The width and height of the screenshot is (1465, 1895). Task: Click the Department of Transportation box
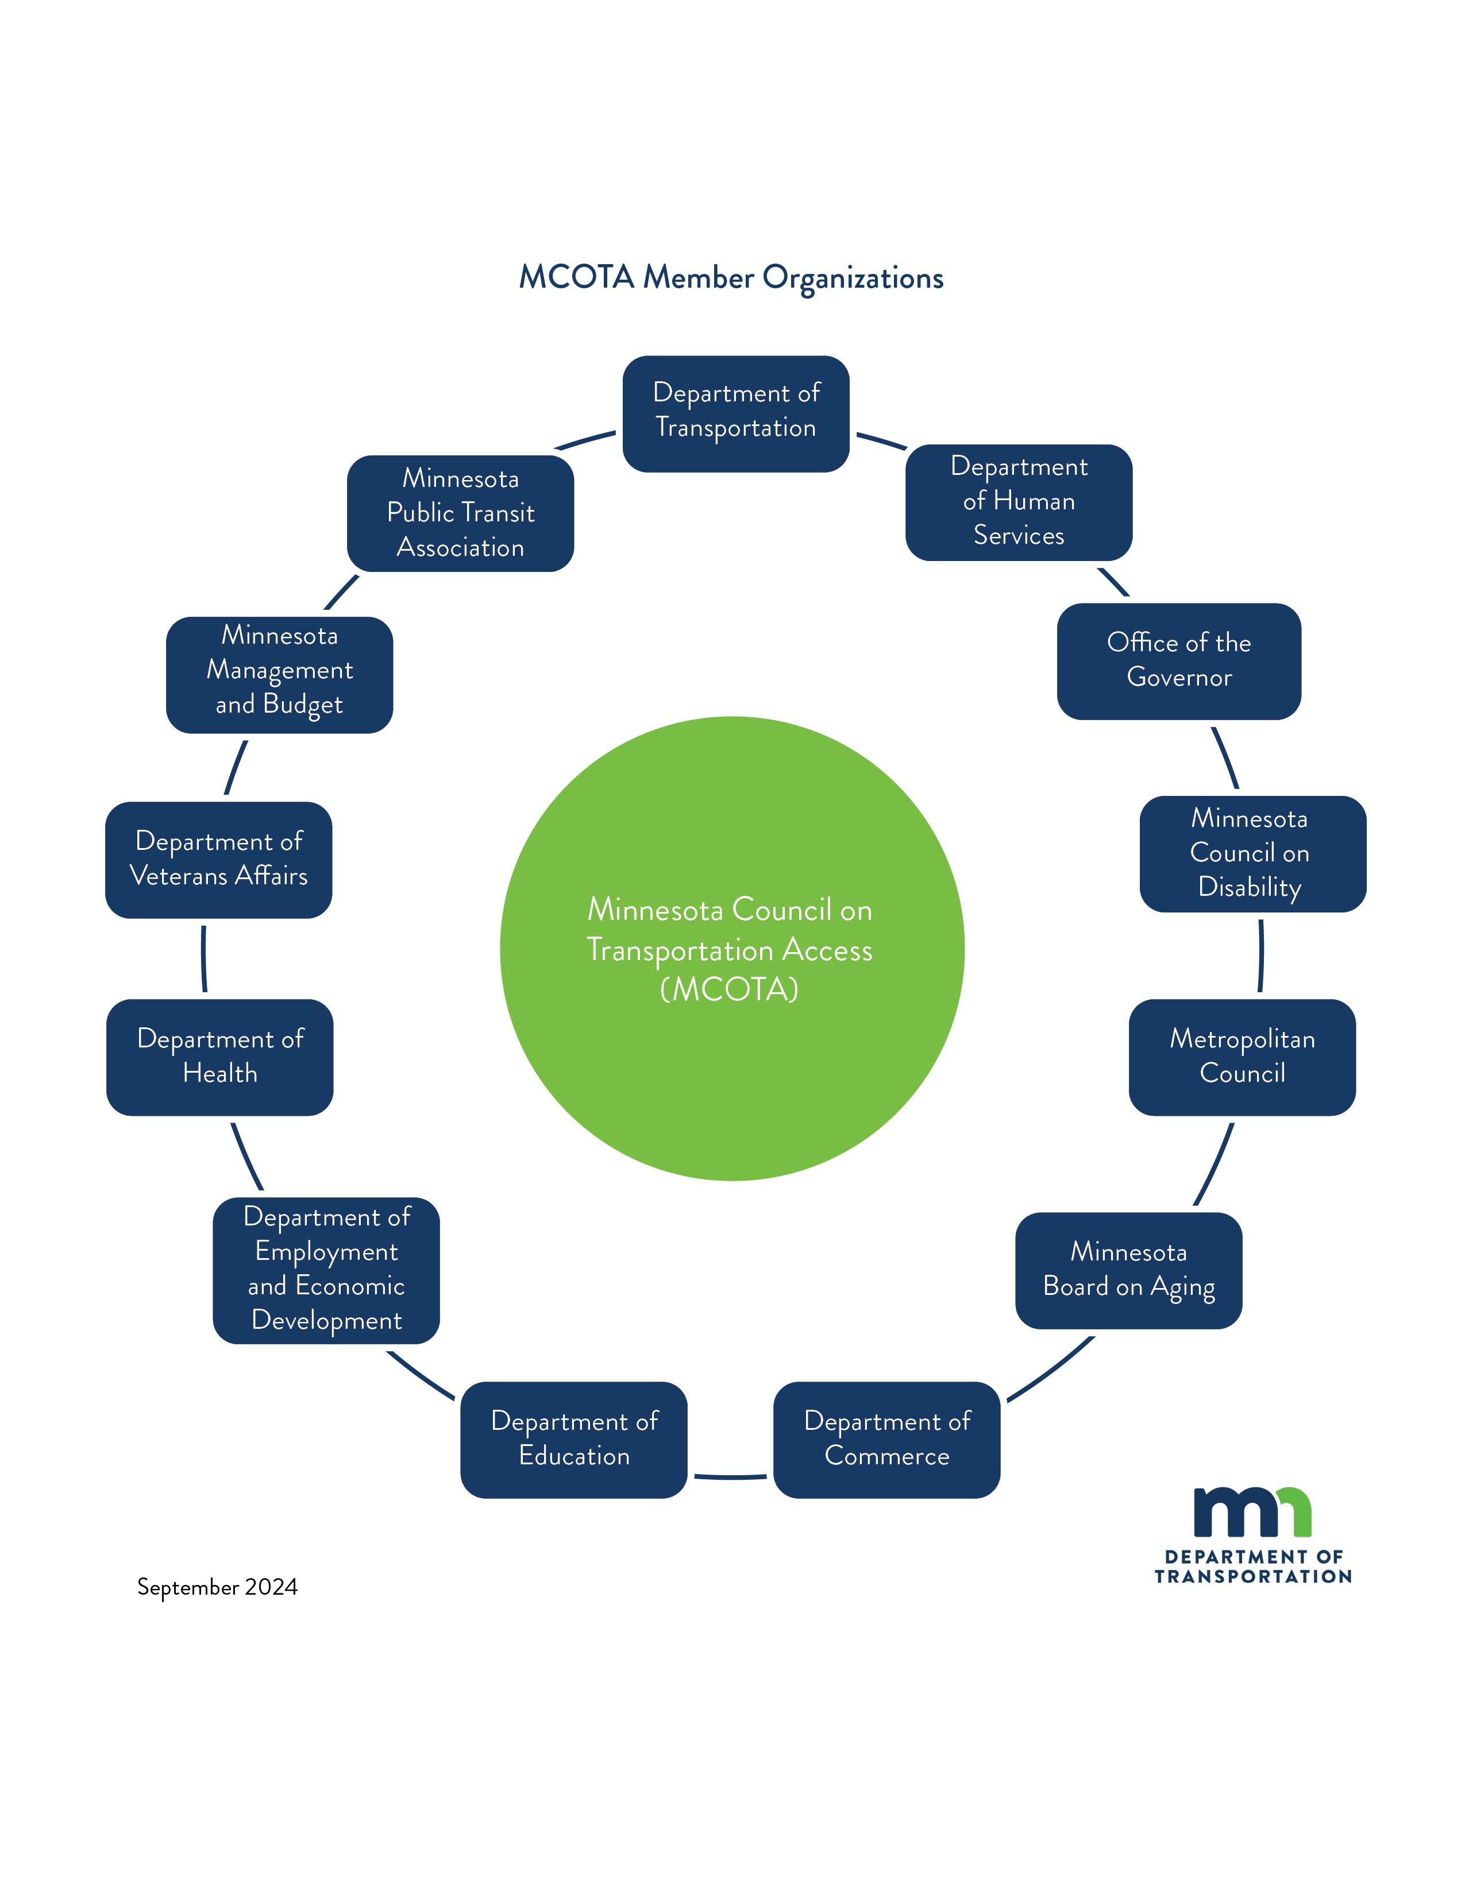735,414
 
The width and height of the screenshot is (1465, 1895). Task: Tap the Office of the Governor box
1178,661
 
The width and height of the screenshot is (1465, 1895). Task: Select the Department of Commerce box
886,1440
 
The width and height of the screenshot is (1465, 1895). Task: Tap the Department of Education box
574,1440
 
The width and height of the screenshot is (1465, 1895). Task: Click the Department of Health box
219,1057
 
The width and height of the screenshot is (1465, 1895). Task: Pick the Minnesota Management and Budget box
279,675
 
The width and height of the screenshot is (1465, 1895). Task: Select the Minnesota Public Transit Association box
460,513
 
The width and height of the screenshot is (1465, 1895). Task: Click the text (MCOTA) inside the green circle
729,990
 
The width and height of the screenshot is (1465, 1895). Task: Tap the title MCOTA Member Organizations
731,278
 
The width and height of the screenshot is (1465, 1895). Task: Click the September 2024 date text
217,1587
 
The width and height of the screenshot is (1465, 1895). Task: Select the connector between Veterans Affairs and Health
204,959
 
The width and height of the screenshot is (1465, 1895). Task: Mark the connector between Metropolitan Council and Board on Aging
1215,1165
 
